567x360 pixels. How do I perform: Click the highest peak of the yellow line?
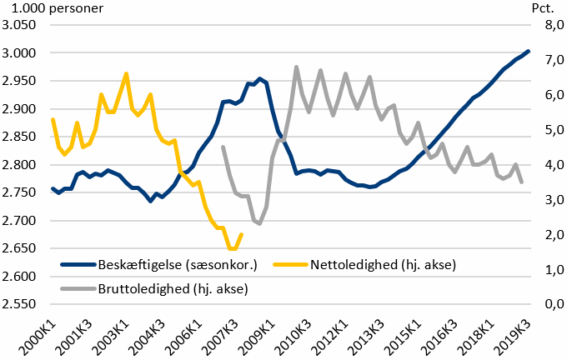tap(126, 73)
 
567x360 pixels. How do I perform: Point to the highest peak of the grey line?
tap(297, 67)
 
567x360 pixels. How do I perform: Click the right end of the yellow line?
tap(242, 234)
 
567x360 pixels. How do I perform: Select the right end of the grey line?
tap(522, 182)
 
